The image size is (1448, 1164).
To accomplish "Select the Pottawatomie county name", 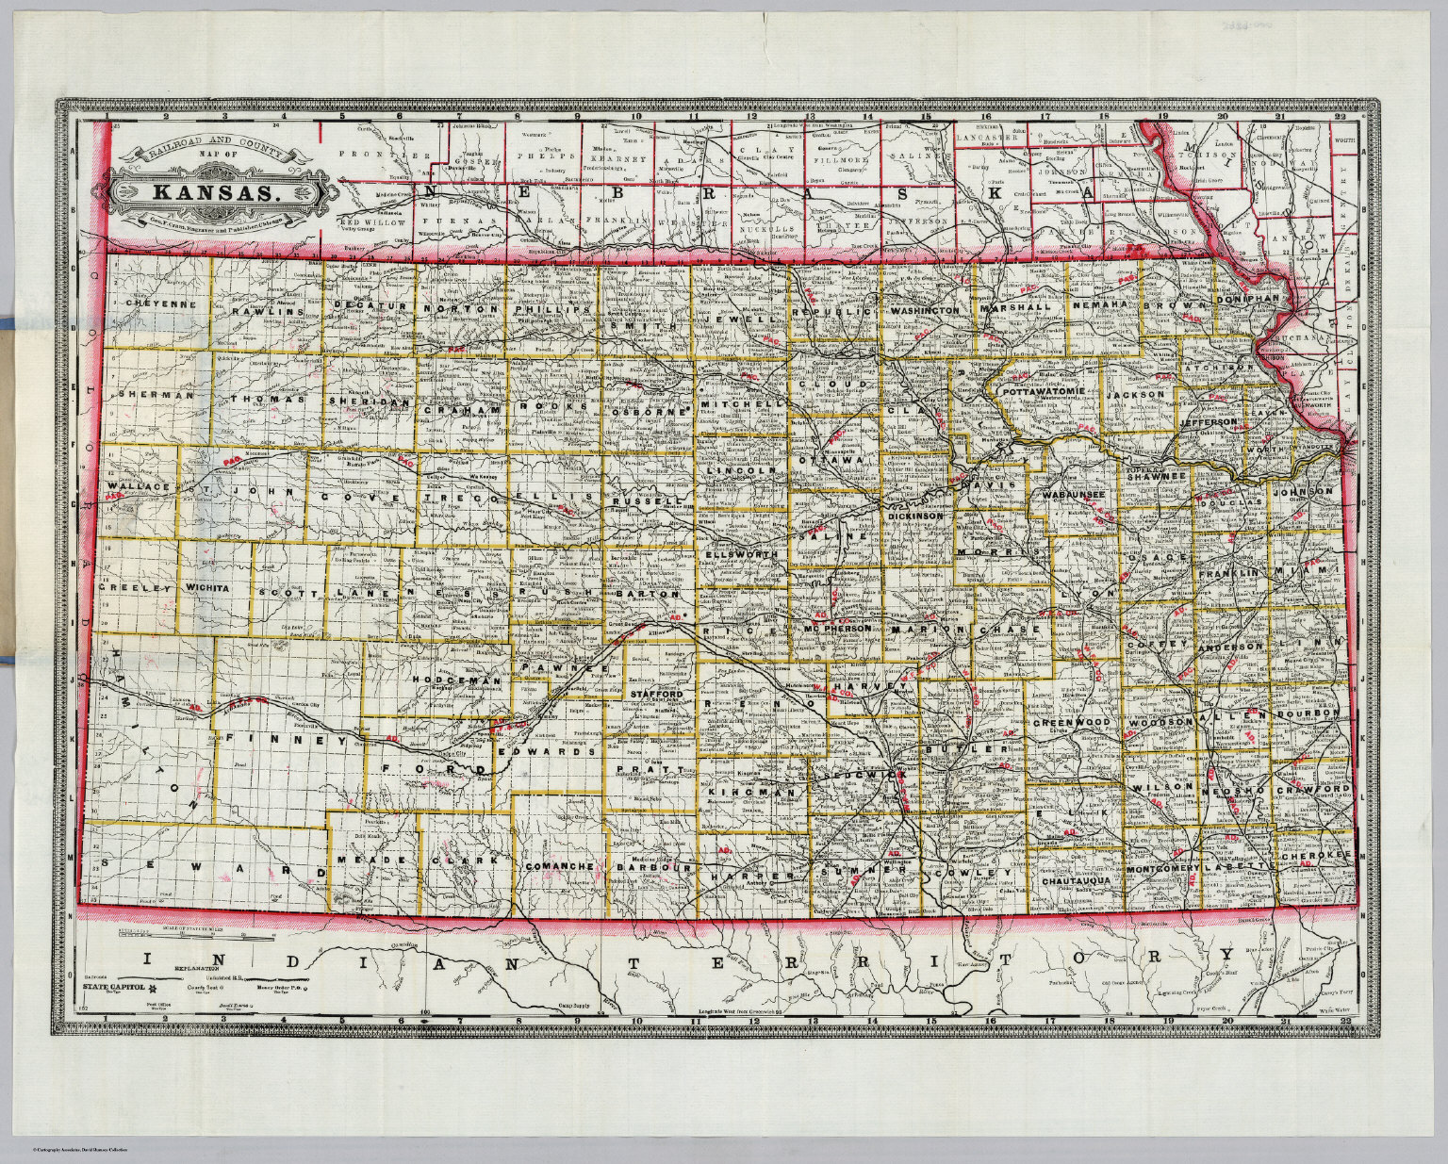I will click(x=1045, y=390).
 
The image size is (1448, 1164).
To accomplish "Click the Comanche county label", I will click(x=560, y=866).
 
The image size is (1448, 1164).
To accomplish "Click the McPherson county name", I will click(x=836, y=629).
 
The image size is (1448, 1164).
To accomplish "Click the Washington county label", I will click(x=923, y=309).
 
